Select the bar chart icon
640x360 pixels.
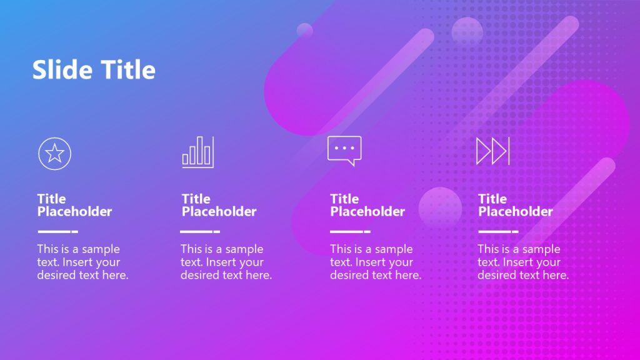coord(198,152)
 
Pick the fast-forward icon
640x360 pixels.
coord(493,151)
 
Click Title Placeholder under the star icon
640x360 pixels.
coord(74,205)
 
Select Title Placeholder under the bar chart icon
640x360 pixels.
coord(219,205)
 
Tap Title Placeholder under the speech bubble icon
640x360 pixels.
coord(367,205)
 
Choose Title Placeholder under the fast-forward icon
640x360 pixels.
coord(516,205)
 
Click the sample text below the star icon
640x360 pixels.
coord(82,262)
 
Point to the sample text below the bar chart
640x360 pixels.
coord(226,262)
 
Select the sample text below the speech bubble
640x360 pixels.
coord(376,262)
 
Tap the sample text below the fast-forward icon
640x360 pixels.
coord(523,262)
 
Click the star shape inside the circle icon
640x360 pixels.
coord(55,153)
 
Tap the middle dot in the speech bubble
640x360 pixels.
coord(344,148)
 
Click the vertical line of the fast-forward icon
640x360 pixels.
coord(509,151)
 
